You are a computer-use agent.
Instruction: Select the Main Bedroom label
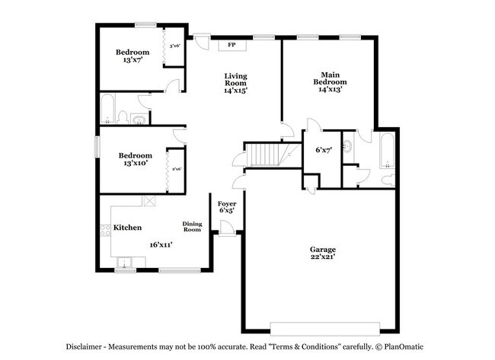[x=330, y=81]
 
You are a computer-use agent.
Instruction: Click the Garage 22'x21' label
[x=322, y=253]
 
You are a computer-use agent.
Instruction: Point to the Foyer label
[x=227, y=204]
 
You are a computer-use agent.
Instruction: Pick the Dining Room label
[x=192, y=226]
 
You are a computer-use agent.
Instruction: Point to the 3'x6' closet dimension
[x=174, y=46]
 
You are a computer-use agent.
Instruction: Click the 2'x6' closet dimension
[x=176, y=169]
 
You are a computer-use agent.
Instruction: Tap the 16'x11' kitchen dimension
[x=161, y=245]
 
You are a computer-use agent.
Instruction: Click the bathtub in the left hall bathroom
[x=107, y=109]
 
